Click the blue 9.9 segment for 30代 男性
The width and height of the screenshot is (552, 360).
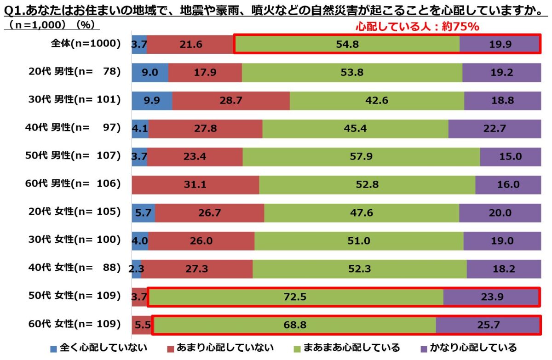click(152, 101)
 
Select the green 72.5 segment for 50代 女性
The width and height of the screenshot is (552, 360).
click(295, 297)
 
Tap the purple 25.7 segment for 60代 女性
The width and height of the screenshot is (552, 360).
click(488, 325)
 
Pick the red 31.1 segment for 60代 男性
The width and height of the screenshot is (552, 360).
click(195, 185)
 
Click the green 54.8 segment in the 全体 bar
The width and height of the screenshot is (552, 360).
click(347, 44)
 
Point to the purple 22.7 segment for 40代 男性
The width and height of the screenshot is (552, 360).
click(494, 129)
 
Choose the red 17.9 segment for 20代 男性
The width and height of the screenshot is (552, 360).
click(205, 73)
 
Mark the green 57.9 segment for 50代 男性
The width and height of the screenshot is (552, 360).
click(361, 157)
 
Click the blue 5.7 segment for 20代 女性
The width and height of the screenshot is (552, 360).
click(143, 213)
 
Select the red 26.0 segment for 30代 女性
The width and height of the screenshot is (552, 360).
click(201, 241)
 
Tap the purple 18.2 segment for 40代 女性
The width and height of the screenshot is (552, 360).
click(504, 269)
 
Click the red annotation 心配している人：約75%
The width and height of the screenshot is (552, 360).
click(418, 27)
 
